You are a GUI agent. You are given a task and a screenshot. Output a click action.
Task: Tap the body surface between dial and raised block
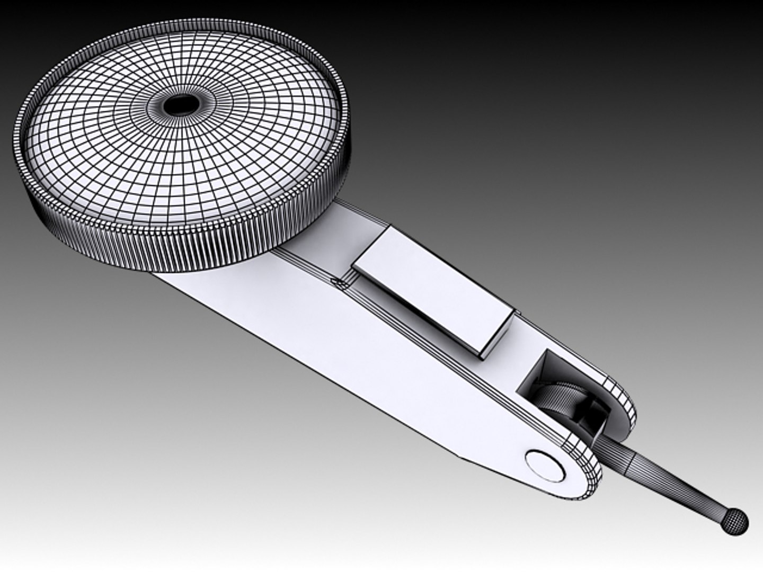334,233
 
